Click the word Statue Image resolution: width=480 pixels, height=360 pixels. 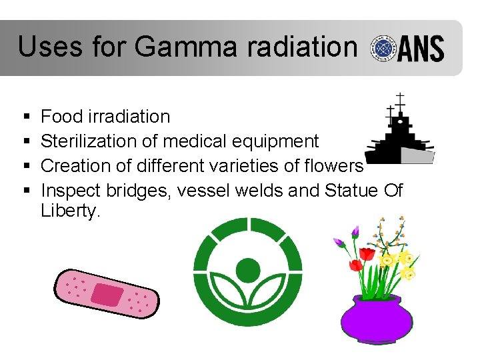(x=351, y=190)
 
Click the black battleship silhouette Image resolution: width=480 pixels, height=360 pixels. (x=399, y=137)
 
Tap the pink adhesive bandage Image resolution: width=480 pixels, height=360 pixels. (x=106, y=293)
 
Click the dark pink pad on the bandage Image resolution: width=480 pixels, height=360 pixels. (x=107, y=293)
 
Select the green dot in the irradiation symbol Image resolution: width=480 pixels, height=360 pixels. (x=248, y=270)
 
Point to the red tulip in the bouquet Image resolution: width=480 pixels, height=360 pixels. (x=367, y=255)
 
